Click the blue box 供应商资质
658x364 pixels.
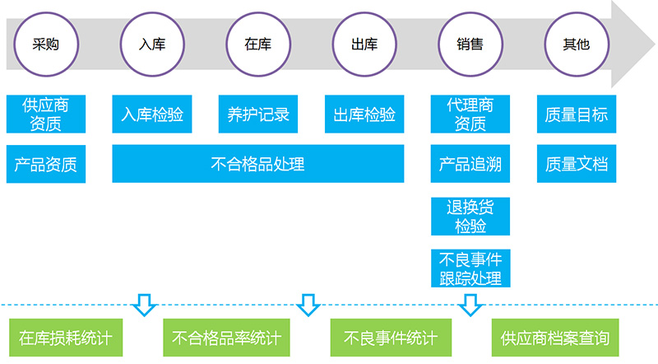(46, 114)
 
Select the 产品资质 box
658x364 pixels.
(46, 164)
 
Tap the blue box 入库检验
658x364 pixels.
(152, 114)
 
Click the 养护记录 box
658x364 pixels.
(258, 114)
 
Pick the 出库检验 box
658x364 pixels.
(364, 114)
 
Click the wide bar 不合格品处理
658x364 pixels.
(258, 164)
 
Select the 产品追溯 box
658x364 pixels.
(470, 164)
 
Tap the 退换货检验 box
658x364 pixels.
(470, 216)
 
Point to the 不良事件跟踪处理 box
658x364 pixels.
(470, 268)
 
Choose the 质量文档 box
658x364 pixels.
(577, 164)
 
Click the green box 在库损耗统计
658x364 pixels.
(66, 338)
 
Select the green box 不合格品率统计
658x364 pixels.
(227, 338)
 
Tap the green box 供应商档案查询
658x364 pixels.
(555, 338)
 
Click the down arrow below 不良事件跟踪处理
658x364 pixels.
(470, 305)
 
